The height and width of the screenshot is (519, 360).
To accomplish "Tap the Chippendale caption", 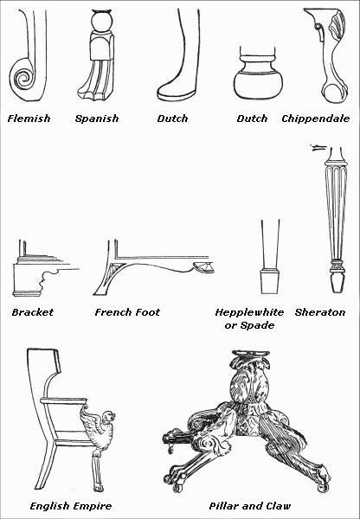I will (316, 118).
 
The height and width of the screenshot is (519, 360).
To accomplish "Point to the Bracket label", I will (33, 311).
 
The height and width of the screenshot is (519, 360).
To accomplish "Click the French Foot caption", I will (127, 311).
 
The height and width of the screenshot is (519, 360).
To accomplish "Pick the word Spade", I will (259, 324).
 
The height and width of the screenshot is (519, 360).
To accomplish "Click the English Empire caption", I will (70, 505).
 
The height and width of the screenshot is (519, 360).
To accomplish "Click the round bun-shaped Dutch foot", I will (257, 83).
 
